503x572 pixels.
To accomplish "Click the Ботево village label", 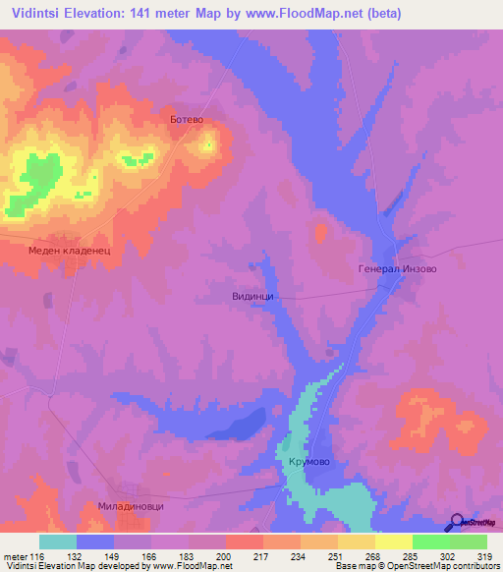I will click(x=186, y=119).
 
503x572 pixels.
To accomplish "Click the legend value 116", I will click(x=38, y=556).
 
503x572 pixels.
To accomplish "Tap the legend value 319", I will click(x=486, y=556).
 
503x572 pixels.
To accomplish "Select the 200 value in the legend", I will click(x=225, y=556).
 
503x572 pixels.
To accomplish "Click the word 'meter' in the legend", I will click(x=14, y=556).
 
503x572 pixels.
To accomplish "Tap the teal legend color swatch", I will click(x=57, y=542).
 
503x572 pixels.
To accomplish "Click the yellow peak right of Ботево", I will click(x=208, y=144).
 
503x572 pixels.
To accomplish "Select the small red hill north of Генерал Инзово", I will click(x=320, y=233).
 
